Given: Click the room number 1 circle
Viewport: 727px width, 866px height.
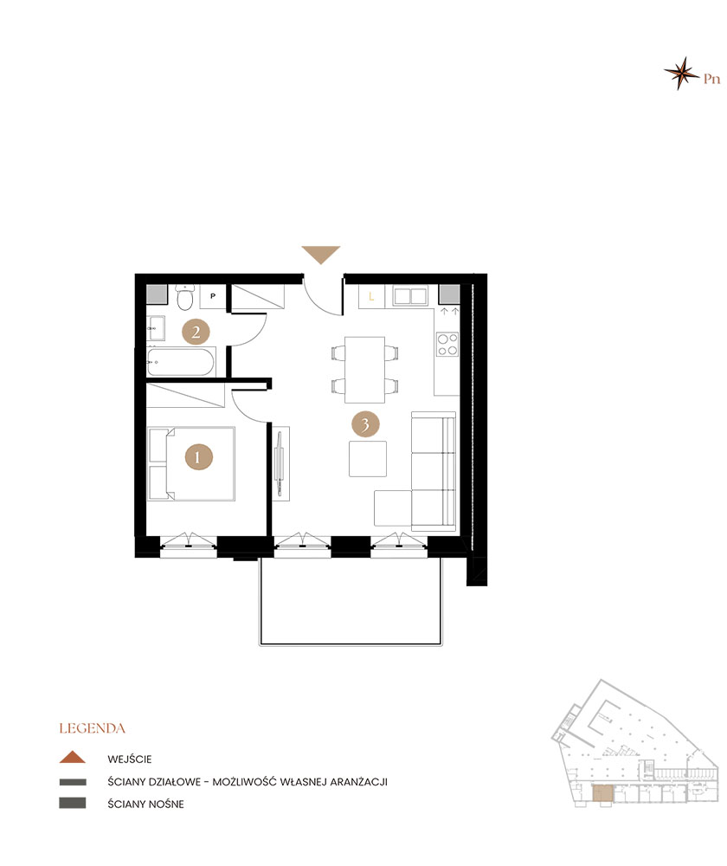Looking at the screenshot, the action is [199, 456].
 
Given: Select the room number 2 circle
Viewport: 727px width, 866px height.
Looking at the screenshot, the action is [196, 332].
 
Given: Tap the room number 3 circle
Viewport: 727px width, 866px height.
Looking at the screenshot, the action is [365, 424].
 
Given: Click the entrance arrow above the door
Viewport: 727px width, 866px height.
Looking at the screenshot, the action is [321, 255].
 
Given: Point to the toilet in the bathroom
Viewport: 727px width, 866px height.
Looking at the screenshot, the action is [184, 297].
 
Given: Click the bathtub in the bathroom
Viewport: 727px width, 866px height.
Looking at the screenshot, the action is [181, 362].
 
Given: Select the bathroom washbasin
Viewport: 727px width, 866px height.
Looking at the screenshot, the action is [156, 328].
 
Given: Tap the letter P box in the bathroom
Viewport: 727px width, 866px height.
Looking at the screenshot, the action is [213, 296].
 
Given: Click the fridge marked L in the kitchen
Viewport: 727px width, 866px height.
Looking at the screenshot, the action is [371, 296].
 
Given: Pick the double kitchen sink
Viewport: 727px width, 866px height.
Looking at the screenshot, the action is [410, 296].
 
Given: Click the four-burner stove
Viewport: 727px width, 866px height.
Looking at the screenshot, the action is [447, 344].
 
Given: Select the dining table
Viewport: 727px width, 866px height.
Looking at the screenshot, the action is [365, 370].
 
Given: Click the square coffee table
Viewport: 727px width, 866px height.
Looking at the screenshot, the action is [368, 458].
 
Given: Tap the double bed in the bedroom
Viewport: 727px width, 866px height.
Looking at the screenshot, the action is [191, 464].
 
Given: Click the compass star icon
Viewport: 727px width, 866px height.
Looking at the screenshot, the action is [682, 73].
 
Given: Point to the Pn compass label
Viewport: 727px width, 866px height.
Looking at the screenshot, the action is [712, 79].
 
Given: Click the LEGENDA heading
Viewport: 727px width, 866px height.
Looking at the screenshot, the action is [93, 728].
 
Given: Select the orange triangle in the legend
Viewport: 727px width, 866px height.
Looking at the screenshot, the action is [73, 757].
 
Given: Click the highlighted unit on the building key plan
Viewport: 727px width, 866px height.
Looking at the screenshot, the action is [602, 793].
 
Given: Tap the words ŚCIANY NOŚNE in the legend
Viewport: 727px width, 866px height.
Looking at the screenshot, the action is [145, 805].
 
